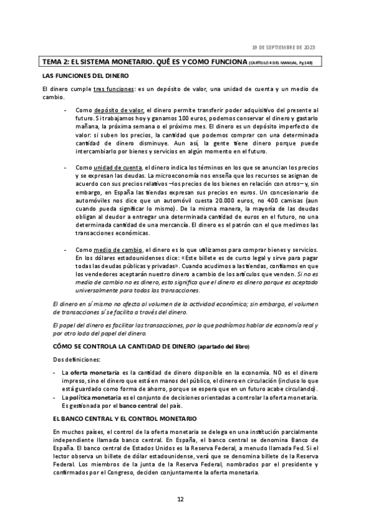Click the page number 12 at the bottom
(x=181, y=499)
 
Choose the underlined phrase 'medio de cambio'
(x=117, y=248)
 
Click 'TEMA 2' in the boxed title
(x=56, y=63)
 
